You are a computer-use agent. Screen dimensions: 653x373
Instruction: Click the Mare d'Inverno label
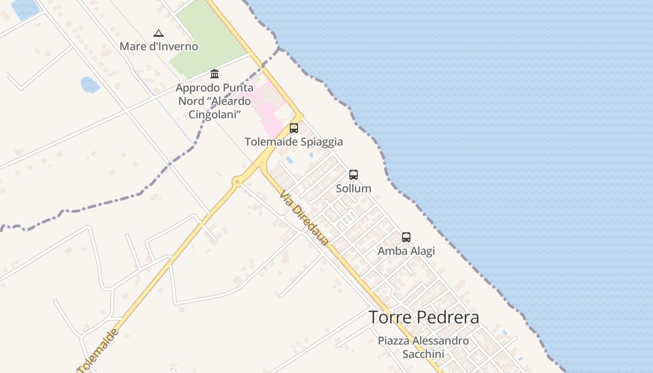pyautogui.click(x=159, y=47)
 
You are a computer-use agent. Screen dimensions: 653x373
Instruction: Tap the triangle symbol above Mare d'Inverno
pyautogui.click(x=159, y=33)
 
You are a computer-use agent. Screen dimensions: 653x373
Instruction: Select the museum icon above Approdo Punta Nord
pyautogui.click(x=215, y=74)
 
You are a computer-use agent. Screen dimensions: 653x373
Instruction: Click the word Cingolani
pyautogui.click(x=214, y=114)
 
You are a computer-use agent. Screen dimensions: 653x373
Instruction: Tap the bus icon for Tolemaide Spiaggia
pyautogui.click(x=294, y=128)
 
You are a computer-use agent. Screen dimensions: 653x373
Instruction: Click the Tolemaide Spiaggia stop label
pyautogui.click(x=294, y=142)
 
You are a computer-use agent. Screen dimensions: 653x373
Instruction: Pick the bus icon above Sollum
pyautogui.click(x=354, y=175)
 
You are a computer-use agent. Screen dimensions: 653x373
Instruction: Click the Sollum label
pyautogui.click(x=354, y=188)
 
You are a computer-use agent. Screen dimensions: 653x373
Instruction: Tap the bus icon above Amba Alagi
pyautogui.click(x=406, y=237)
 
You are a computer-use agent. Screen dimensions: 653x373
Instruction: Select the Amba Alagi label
pyautogui.click(x=406, y=251)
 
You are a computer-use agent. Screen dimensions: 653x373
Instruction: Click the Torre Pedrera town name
pyautogui.click(x=424, y=318)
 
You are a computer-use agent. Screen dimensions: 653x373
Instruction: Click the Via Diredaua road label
pyautogui.click(x=304, y=218)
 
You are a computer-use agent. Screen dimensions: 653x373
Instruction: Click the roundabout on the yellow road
pyautogui.click(x=237, y=181)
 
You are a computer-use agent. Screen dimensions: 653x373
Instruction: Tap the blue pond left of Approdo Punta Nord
pyautogui.click(x=90, y=85)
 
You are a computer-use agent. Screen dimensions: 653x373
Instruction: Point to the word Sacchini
pyautogui.click(x=423, y=354)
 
